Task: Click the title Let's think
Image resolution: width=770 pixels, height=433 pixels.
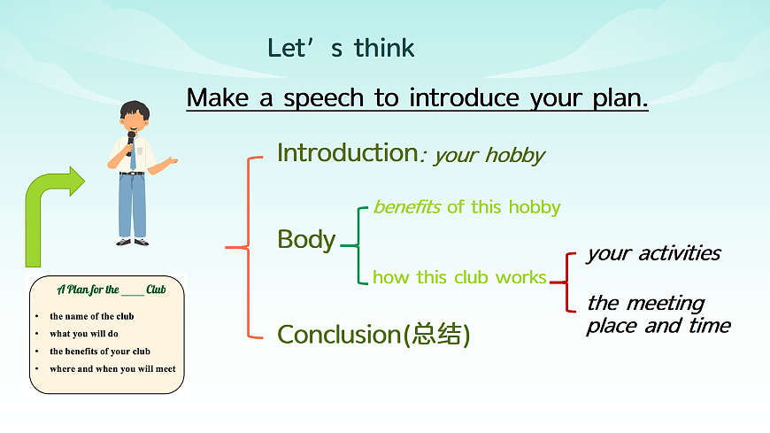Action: coord(341,48)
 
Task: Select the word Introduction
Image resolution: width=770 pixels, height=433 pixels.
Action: coord(346,152)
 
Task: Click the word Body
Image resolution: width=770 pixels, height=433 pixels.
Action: coord(306,239)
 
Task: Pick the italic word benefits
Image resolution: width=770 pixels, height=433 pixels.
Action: coord(407,207)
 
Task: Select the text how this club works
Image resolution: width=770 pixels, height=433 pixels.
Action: coord(459,277)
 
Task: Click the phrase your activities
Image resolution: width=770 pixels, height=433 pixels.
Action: coord(653,253)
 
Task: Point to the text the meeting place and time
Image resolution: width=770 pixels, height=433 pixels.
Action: coord(658,314)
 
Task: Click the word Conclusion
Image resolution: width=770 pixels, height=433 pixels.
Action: coord(339,334)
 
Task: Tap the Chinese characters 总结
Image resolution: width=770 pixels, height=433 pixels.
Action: coord(436,335)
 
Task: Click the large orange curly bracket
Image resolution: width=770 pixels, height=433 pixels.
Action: coord(244,248)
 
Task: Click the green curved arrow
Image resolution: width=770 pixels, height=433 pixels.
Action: coord(49,213)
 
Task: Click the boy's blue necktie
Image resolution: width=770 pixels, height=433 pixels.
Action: coord(133,159)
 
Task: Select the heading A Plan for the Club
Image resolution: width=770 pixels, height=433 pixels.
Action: coord(111,290)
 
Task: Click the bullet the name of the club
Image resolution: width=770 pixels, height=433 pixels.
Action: coord(91,316)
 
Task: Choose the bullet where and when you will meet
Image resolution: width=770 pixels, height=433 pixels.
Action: coord(112,368)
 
